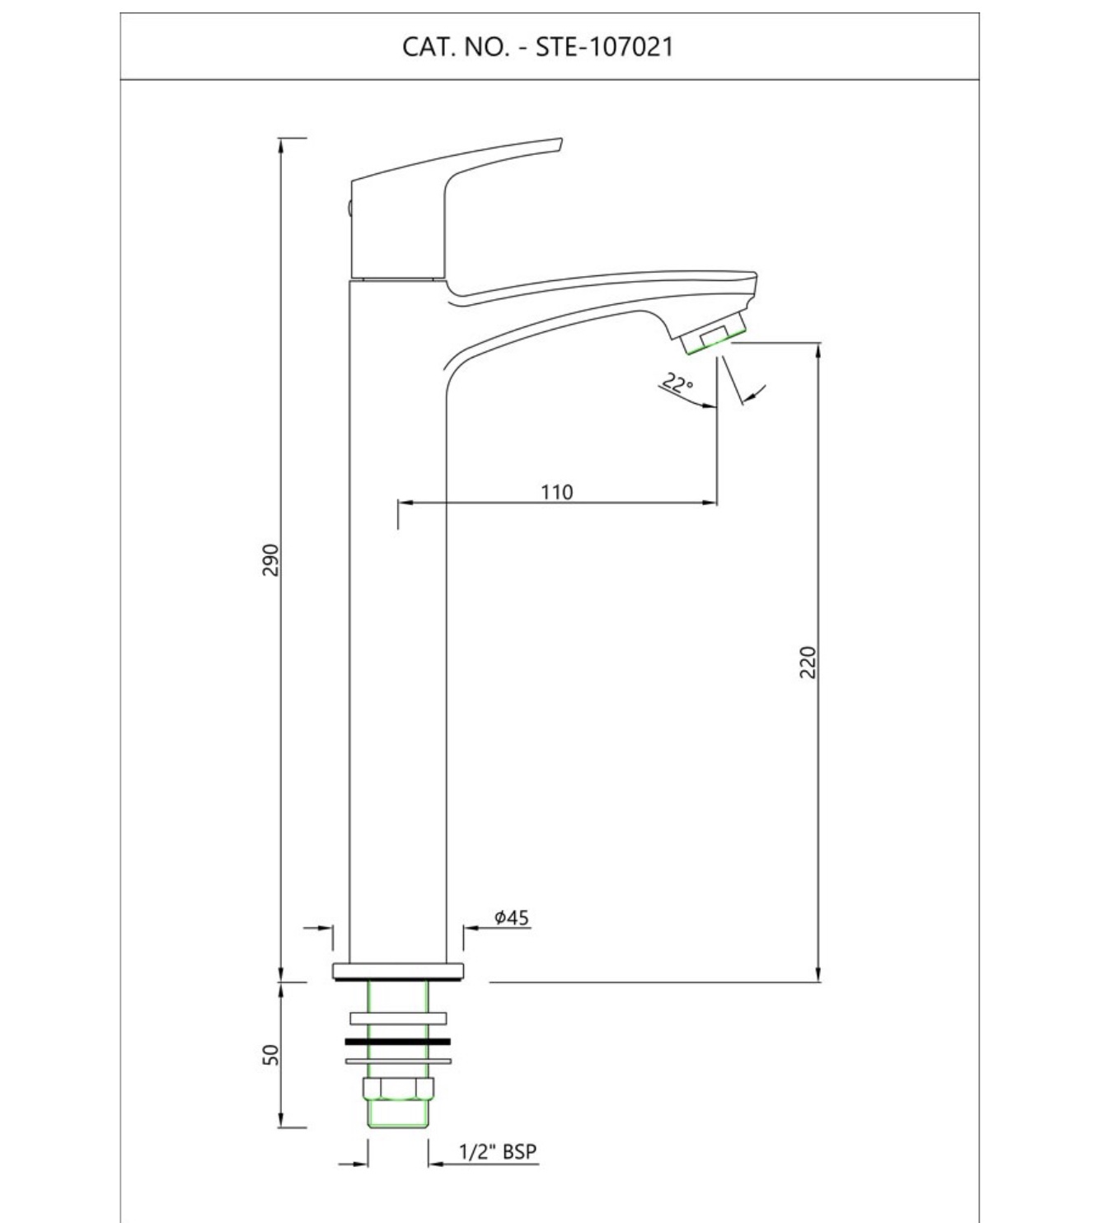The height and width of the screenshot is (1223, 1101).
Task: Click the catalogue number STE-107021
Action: coord(605,47)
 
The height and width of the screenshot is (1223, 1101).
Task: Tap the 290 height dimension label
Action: coord(270,560)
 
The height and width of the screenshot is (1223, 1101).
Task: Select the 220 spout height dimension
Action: coord(807,662)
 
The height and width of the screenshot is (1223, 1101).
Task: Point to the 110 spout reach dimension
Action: coord(557,492)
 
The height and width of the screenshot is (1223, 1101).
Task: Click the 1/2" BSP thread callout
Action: coord(498,1151)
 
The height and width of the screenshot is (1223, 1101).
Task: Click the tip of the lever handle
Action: coord(559,140)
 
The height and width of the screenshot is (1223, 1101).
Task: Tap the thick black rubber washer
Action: coord(397,1042)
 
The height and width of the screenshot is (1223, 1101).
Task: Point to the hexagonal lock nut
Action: coord(398,1088)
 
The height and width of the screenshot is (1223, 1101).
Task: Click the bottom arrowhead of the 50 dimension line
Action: coord(280,1126)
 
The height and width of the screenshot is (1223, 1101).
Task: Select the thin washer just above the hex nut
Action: coord(398,1061)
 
